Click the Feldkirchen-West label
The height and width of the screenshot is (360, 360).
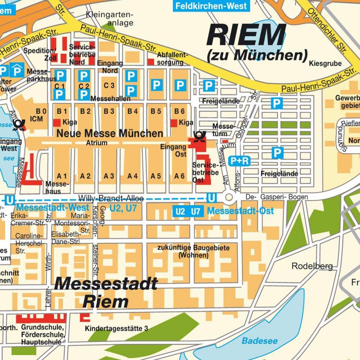pyautogui.click(x=211, y=6)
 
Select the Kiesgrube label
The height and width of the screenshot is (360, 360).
pyautogui.click(x=325, y=64)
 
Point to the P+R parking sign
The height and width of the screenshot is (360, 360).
pyautogui.click(x=239, y=161)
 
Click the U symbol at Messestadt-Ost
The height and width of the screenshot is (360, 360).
pyautogui.click(x=211, y=198)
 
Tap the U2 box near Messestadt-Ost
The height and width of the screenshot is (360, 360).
pyautogui.click(x=180, y=211)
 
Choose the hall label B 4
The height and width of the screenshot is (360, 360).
pyautogui.click(x=132, y=111)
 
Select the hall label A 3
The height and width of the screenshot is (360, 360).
pyautogui.click(x=109, y=176)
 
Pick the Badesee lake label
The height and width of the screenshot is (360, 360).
pyautogui.click(x=259, y=341)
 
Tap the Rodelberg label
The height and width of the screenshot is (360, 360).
pyautogui.click(x=312, y=266)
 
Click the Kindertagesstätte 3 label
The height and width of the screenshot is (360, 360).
pyautogui.click(x=116, y=328)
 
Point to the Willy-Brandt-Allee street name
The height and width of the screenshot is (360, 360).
pyautogui.click(x=111, y=198)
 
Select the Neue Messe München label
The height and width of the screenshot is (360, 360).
pyautogui.click(x=110, y=133)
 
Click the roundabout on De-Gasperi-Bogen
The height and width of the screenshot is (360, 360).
pyautogui.click(x=229, y=197)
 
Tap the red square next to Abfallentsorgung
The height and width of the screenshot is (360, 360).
pyautogui.click(x=151, y=62)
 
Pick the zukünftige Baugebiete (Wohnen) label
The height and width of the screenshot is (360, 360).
pyautogui.click(x=193, y=251)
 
